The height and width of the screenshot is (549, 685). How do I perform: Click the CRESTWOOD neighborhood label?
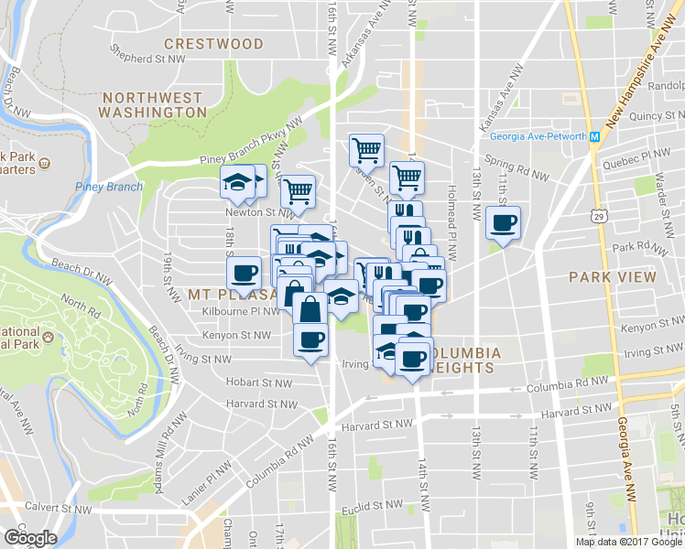(x=213, y=43)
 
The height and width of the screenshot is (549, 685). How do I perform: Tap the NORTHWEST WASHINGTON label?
(x=154, y=104)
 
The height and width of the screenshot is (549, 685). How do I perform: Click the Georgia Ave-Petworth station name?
(x=538, y=137)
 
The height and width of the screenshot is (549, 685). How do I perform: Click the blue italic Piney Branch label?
(x=109, y=188)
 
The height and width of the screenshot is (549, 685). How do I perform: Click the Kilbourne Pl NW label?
(x=241, y=311)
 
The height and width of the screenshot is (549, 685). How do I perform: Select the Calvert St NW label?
(x=58, y=507)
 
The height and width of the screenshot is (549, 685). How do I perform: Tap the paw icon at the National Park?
(x=48, y=337)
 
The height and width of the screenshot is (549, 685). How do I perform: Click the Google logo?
(x=30, y=538)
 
